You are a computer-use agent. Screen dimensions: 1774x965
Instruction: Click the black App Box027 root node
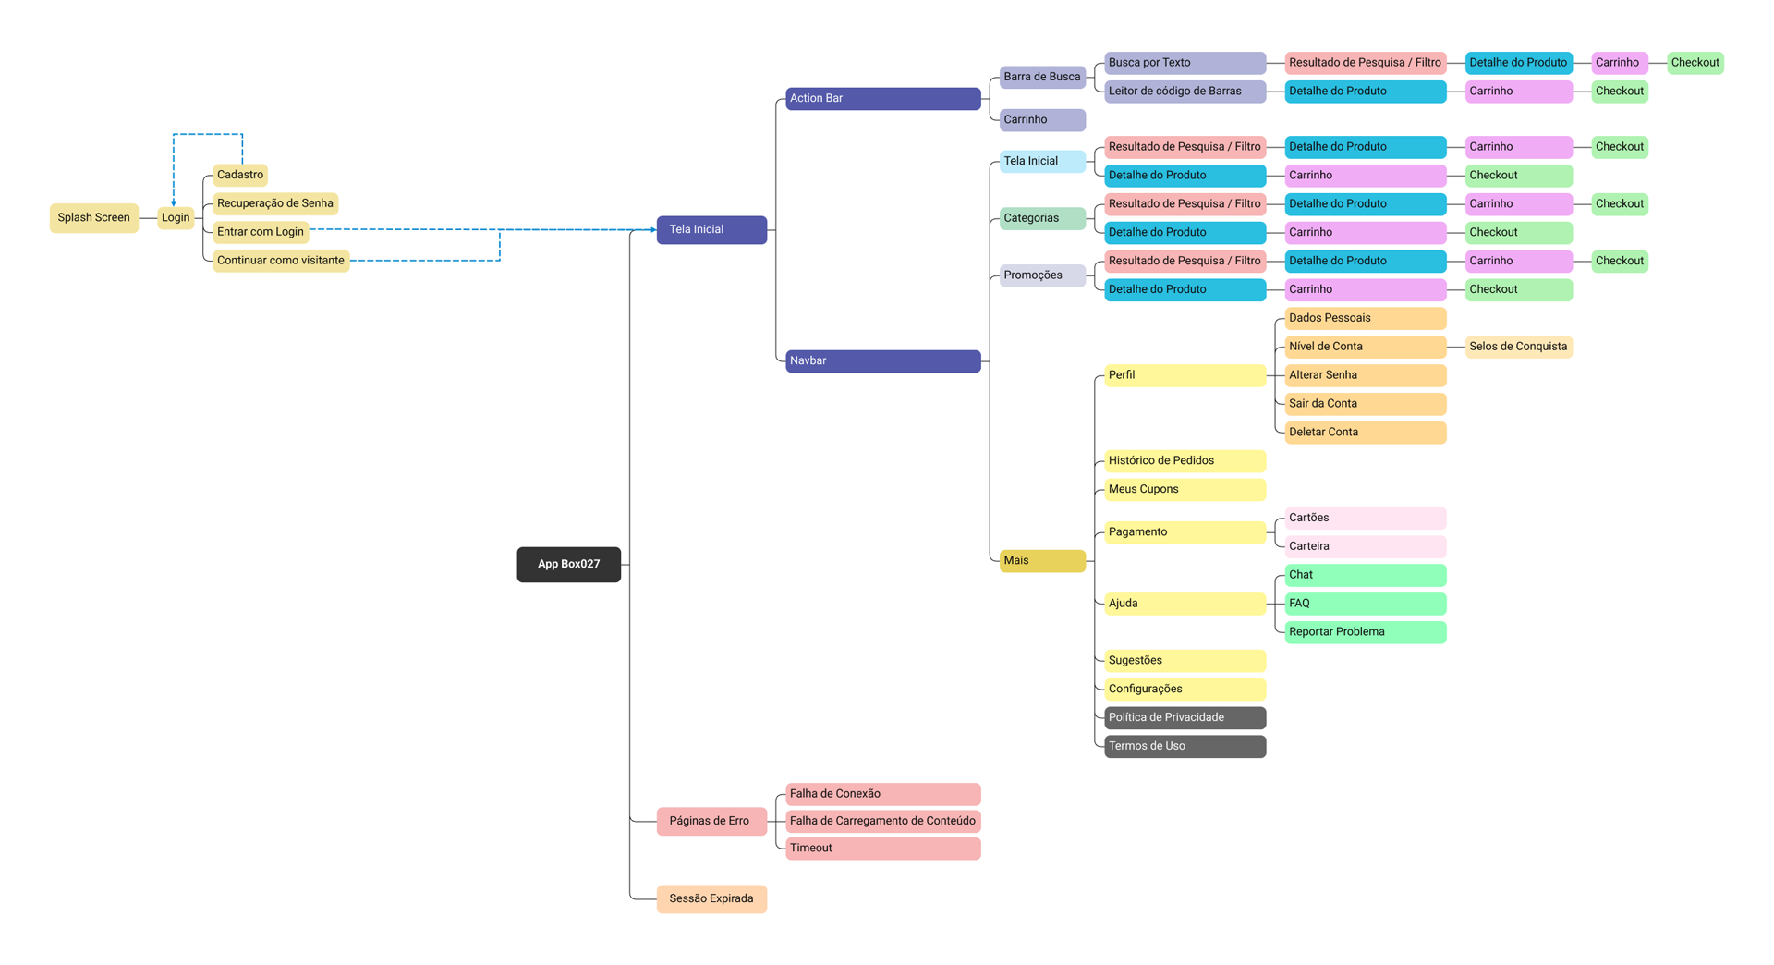(x=568, y=564)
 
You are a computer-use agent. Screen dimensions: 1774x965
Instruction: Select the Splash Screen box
(x=94, y=218)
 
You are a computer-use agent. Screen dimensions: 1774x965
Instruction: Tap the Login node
(x=176, y=218)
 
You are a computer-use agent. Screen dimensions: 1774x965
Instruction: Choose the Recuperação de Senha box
(x=275, y=203)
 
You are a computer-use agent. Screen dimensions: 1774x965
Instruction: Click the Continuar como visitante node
(x=281, y=261)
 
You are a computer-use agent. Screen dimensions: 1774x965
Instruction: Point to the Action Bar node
(x=882, y=98)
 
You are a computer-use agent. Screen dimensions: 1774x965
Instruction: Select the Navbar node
(x=882, y=360)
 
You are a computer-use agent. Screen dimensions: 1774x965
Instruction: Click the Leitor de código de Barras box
(x=1185, y=92)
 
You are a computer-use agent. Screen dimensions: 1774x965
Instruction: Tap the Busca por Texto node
(x=1185, y=63)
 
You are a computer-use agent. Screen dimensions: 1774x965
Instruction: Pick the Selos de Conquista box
(x=1518, y=347)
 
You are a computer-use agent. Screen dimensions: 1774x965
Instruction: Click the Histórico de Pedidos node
(x=1185, y=460)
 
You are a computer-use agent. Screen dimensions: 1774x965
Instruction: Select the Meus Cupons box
(x=1185, y=489)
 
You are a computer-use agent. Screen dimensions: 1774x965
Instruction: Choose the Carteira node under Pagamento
(x=1365, y=546)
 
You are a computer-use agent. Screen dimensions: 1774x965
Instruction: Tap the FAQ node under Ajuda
(x=1365, y=604)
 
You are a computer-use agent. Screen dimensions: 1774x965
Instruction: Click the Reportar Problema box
(x=1365, y=632)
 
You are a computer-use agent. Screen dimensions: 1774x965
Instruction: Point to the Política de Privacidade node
(x=1185, y=717)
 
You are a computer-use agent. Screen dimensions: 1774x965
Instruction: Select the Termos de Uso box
(x=1185, y=746)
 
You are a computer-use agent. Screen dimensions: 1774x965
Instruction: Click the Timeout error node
(x=882, y=848)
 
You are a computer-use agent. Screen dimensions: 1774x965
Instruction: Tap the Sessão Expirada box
(x=711, y=898)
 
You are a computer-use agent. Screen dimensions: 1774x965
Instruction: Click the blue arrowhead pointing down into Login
(x=174, y=202)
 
